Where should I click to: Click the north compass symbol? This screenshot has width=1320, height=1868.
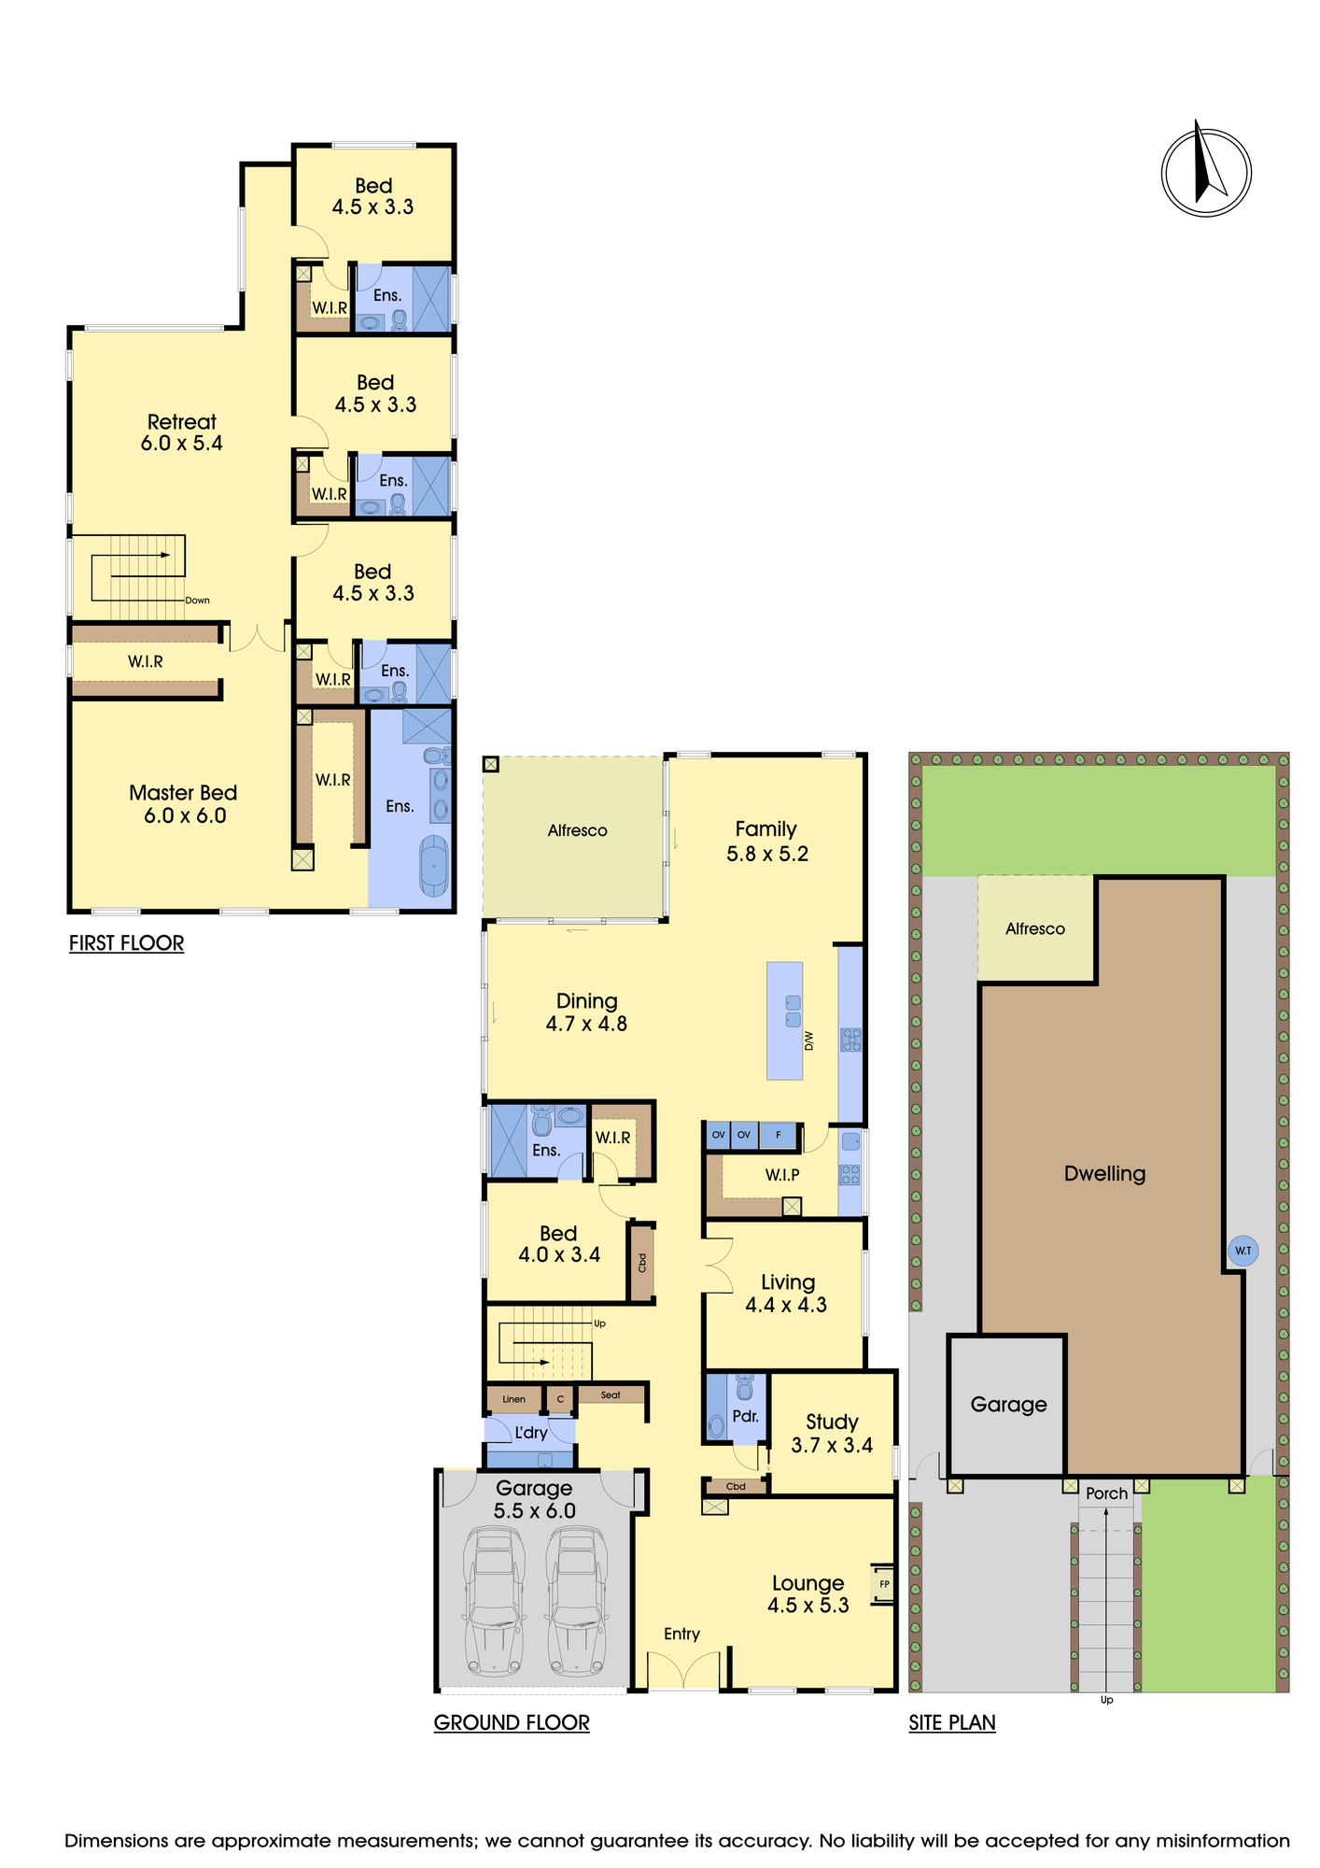[x=1205, y=172]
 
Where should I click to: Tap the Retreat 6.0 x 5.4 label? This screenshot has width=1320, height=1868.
[x=182, y=432]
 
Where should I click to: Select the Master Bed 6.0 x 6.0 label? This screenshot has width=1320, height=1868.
[x=184, y=804]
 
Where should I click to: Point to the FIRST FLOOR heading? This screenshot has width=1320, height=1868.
[x=126, y=943]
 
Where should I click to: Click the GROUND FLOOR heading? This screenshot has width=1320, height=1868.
[x=512, y=1722]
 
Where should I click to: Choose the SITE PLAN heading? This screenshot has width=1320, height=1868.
[x=952, y=1722]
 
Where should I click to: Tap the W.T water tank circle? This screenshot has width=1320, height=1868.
[x=1243, y=1251]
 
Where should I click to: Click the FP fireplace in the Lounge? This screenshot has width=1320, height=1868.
[x=883, y=1584]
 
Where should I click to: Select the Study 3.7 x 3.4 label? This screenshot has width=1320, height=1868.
[x=832, y=1434]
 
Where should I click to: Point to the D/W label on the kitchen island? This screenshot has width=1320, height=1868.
[x=809, y=1040]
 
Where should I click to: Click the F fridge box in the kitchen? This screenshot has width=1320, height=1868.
[x=779, y=1135]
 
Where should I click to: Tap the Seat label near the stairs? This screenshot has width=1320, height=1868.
[x=611, y=1394]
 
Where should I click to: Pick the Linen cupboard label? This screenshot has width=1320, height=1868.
[x=513, y=1399]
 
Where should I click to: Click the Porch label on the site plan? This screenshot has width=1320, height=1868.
[x=1107, y=1493]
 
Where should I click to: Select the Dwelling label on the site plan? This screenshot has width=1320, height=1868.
[x=1104, y=1174]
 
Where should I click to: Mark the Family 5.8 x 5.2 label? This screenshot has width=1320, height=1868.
[x=766, y=842]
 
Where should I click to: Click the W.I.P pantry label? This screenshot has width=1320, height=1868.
[x=782, y=1175]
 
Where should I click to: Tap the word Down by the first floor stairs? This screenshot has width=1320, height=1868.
[x=197, y=601]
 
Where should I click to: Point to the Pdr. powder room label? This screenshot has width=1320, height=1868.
[x=745, y=1416]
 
